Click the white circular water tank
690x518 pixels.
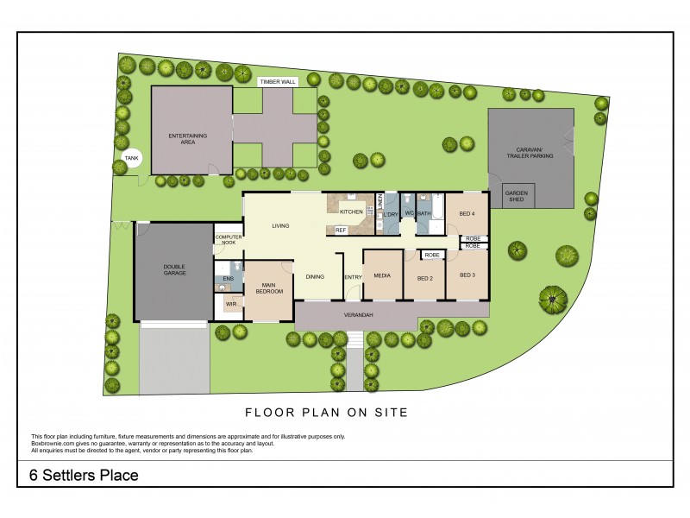coord(132,159)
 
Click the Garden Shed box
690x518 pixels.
coord(516,195)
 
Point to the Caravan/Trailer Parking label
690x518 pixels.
coord(529,153)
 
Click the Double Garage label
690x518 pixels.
coord(175,269)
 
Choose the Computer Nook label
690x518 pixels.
coord(229,240)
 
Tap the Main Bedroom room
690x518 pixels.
coord(268,290)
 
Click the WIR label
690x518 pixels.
coord(231,304)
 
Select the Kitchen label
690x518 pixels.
coord(351,212)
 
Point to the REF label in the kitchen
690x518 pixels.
coord(341,230)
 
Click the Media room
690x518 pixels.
coord(383,275)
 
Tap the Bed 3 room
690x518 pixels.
coord(467,275)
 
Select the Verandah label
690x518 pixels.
coord(357,315)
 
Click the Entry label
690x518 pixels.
coord(353,277)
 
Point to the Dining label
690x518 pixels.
coord(315,276)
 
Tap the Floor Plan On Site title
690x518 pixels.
coord(326,412)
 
